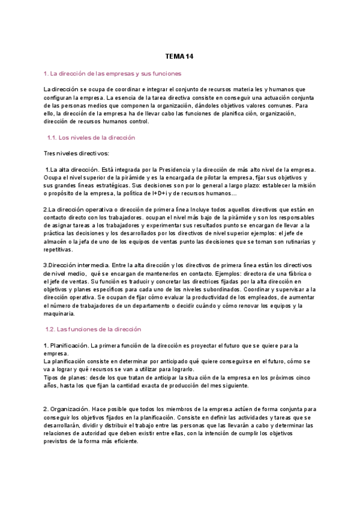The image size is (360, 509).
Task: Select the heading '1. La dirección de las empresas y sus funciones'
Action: [x=112, y=73]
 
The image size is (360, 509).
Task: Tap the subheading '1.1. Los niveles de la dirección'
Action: [x=91, y=137]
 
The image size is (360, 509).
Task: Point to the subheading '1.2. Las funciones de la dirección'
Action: [x=93, y=330]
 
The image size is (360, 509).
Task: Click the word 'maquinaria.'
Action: [x=59, y=313]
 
